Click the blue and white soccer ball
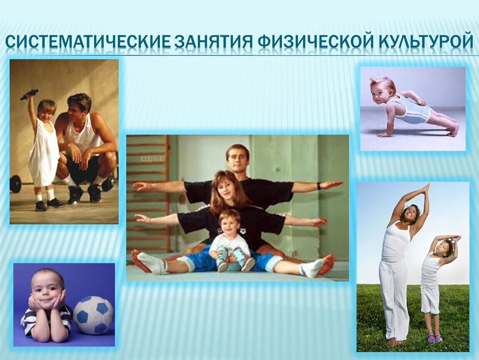coord(93,315)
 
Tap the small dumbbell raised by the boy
coord(30,94)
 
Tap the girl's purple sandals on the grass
coord(435,338)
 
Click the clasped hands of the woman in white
coord(425,189)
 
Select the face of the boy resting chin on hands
coord(46,291)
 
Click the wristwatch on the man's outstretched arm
coord(319,185)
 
